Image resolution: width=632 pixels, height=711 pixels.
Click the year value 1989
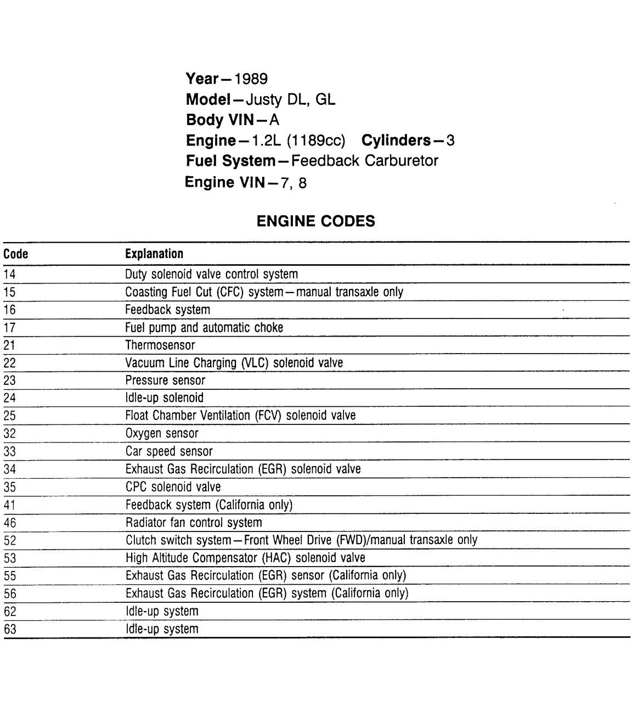(251, 79)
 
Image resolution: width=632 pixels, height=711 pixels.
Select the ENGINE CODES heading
(316, 221)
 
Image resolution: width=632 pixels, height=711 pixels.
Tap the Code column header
(15, 254)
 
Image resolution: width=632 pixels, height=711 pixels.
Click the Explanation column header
(154, 254)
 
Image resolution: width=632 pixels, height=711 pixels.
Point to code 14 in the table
(9, 274)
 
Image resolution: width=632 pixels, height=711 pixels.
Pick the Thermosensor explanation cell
(160, 345)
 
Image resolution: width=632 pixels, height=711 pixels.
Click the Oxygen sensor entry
(162, 433)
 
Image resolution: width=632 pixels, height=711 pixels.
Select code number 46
(10, 523)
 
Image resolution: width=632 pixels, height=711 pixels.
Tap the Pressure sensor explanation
(165, 380)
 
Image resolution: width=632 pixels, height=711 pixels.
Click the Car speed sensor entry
(169, 451)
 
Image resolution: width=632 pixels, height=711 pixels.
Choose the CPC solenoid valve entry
(173, 487)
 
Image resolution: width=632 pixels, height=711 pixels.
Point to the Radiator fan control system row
(194, 523)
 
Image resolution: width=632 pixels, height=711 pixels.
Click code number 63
(10, 629)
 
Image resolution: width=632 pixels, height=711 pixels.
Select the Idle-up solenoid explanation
(165, 398)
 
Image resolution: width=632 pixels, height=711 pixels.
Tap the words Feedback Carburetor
(365, 161)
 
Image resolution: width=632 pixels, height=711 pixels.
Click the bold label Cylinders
(396, 141)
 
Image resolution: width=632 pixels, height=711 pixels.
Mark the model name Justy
(263, 100)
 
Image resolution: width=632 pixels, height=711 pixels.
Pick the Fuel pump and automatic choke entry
(204, 328)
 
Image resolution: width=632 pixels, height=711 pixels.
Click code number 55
(10, 576)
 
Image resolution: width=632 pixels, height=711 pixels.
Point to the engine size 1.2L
(266, 141)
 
